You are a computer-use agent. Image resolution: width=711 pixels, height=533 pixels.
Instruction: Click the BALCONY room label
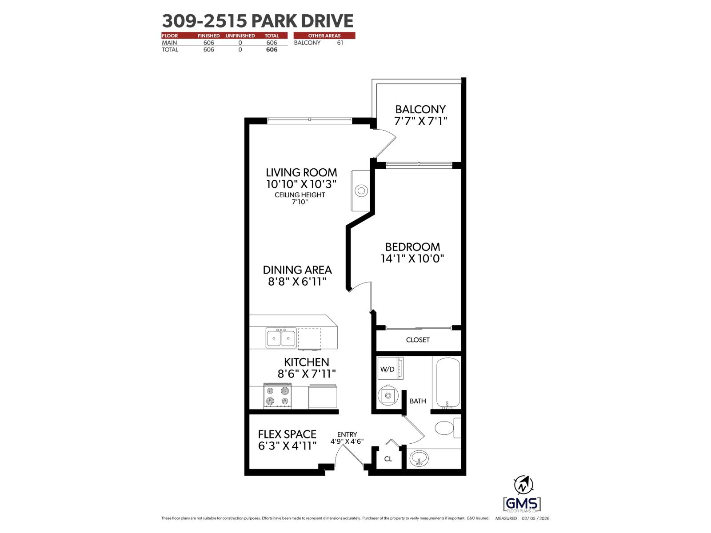click(x=420, y=109)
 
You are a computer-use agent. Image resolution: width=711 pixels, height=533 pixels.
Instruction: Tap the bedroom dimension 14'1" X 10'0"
click(x=412, y=259)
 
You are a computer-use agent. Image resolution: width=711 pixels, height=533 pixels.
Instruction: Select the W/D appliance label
click(x=387, y=369)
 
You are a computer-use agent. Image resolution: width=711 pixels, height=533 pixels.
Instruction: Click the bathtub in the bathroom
click(x=447, y=383)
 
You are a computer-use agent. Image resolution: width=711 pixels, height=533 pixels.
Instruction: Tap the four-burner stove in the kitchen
click(x=277, y=396)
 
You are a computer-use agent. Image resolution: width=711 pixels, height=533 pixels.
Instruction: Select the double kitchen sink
click(x=281, y=338)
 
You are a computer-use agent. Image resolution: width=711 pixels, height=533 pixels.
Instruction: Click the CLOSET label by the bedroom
click(x=418, y=340)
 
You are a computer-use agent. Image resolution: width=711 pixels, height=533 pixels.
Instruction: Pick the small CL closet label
click(x=388, y=459)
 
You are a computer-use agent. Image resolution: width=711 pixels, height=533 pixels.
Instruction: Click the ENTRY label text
click(x=347, y=434)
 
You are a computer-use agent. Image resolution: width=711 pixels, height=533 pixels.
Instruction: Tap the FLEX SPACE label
click(x=287, y=434)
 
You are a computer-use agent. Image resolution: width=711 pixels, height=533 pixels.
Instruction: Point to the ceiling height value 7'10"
click(x=300, y=202)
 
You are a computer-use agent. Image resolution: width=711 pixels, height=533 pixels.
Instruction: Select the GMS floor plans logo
click(x=522, y=504)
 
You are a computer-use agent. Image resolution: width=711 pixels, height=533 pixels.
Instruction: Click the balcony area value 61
click(x=340, y=43)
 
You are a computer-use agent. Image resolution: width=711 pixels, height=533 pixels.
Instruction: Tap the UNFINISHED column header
click(x=240, y=36)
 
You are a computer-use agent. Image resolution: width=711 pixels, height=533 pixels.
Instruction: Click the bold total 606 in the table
click(x=272, y=50)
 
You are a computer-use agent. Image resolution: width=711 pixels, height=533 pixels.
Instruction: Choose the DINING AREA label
click(x=297, y=270)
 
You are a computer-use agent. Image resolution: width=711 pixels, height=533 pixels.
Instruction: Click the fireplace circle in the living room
click(x=361, y=191)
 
